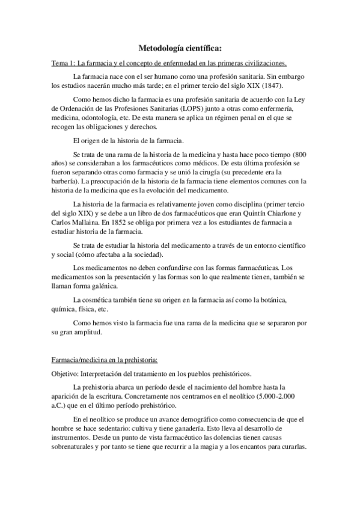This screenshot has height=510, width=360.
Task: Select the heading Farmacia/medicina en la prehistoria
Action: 104,360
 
